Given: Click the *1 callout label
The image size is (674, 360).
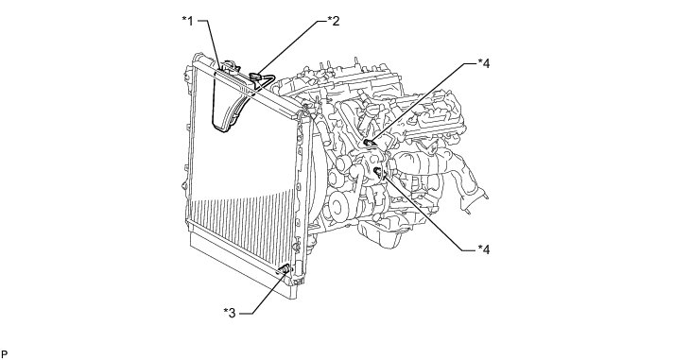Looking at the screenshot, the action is (188, 21).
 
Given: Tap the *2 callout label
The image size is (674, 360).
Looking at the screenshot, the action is (334, 21).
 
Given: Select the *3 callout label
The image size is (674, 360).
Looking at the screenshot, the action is (230, 313).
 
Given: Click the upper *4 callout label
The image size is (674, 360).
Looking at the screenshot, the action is (484, 63).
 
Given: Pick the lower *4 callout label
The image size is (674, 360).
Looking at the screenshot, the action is (484, 249).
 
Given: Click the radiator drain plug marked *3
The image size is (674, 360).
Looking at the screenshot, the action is (285, 269).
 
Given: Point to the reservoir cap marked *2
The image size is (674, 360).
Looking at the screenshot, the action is (256, 77).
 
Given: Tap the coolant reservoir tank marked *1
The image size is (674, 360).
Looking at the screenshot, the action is (231, 99).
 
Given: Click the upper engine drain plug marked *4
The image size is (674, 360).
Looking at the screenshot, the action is (368, 143).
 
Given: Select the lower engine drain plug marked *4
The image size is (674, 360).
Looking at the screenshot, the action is (379, 172).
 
